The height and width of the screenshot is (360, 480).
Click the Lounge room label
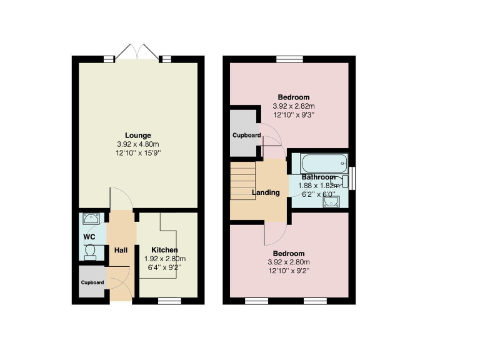coord(137,136)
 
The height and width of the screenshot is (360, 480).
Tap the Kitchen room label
coord(160,250)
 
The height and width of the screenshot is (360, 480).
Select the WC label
coord(89,237)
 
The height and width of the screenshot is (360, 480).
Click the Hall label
coord(121,251)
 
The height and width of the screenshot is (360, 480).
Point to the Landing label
coord(266,192)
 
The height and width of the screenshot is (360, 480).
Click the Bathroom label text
coord(319,177)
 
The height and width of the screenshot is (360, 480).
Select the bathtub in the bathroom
coord(323,164)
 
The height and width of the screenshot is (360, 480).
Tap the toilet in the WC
coord(91,251)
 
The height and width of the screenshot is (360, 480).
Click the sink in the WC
coord(91,219)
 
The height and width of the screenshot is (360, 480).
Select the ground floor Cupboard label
coord(92,282)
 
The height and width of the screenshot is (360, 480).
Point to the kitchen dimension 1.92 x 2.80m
coord(161,259)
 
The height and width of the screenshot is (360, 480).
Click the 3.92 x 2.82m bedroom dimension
coord(294,106)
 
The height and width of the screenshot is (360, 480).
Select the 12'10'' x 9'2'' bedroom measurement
coord(289,271)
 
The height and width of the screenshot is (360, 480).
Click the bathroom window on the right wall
coord(352,177)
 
